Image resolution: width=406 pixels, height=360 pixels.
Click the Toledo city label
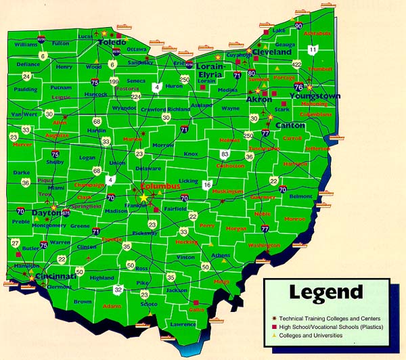pyautogui.click(x=112, y=43)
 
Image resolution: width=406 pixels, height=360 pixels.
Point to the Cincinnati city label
pyautogui.click(x=54, y=277)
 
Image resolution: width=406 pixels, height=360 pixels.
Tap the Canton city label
pyautogui.click(x=291, y=125)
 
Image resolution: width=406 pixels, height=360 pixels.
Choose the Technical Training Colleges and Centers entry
pyautogui.click(x=328, y=317)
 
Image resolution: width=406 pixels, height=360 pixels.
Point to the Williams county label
pyautogui.click(x=26, y=44)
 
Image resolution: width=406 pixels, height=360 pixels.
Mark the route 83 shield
pyautogui.click(x=225, y=155)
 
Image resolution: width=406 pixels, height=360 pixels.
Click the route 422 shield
pyautogui.click(x=296, y=64)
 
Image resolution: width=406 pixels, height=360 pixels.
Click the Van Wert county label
pyautogui.click(x=21, y=114)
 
